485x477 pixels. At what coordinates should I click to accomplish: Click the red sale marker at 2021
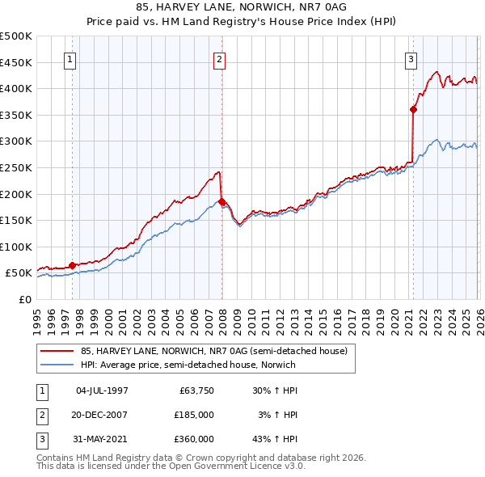point(413,109)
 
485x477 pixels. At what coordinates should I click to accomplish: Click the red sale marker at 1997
point(72,265)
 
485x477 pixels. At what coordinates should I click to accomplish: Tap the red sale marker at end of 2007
point(221,201)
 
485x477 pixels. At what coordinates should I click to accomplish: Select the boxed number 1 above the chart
point(71,58)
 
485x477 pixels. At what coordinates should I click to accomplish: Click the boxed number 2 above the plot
point(220,58)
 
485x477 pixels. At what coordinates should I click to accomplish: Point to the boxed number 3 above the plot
point(411,58)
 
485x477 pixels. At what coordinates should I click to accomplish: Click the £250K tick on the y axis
point(16,167)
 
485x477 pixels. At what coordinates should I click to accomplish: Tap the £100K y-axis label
point(16,247)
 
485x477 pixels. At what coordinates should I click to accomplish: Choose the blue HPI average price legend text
point(188,365)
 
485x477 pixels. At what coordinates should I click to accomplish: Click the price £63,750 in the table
point(195,390)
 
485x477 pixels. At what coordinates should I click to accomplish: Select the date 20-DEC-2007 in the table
point(101,415)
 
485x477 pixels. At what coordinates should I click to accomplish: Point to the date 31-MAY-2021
point(101,439)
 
